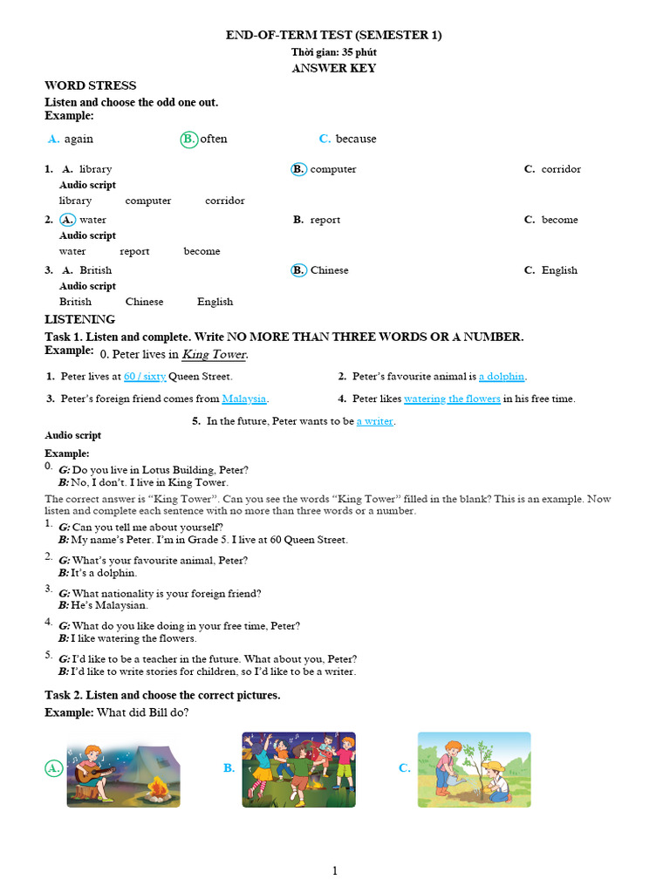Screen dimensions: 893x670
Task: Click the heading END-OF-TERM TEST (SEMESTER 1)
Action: [x=334, y=35]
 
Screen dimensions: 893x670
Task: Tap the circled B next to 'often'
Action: [x=189, y=140]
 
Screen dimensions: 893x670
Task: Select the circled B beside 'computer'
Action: [x=298, y=169]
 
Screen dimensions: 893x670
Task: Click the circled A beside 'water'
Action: [x=67, y=220]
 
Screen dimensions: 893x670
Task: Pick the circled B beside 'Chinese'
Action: [x=298, y=270]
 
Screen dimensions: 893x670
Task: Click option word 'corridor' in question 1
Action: [x=560, y=169]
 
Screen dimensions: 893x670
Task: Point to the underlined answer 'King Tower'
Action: [x=215, y=355]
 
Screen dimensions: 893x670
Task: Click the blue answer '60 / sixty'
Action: [x=145, y=377]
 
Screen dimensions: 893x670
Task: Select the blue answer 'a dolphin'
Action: [x=502, y=377]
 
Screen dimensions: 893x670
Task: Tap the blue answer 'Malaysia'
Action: [x=244, y=399]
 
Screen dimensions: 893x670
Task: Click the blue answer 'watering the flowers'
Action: [x=452, y=399]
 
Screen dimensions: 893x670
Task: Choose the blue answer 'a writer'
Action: [x=375, y=421]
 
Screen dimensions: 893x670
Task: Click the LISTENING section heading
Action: [x=79, y=319]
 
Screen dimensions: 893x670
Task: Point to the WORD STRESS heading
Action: [x=90, y=85]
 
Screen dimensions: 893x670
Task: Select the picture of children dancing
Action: [x=298, y=769]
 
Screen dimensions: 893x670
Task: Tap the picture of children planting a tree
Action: [x=474, y=769]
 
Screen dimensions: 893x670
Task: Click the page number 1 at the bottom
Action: [x=334, y=870]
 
